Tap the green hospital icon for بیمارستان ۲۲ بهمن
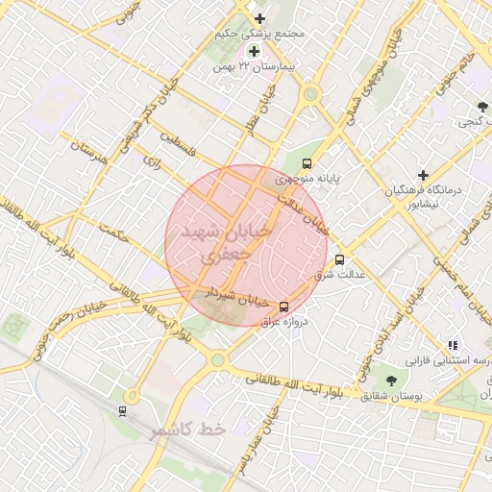[x=254, y=51]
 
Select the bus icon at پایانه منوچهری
[x=307, y=163]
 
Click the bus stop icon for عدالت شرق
[x=338, y=258]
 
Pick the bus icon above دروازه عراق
[x=283, y=306]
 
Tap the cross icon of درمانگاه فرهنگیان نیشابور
[x=422, y=174]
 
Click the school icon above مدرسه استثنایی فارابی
[x=452, y=346]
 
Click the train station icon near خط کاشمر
[x=122, y=411]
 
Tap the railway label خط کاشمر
[x=187, y=430]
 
